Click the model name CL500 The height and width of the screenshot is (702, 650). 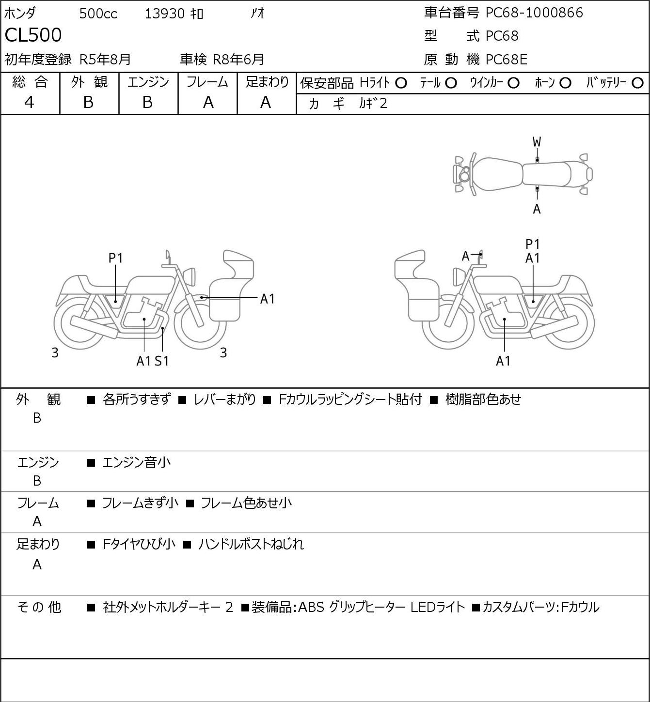pyautogui.click(x=33, y=35)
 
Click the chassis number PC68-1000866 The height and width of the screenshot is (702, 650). pyautogui.click(x=534, y=13)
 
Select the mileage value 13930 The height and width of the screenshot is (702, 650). pyautogui.click(x=165, y=14)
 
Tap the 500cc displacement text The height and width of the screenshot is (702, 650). pyautogui.click(x=98, y=14)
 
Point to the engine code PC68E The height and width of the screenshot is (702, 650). pyautogui.click(x=506, y=60)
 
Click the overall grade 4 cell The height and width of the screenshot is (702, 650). pyautogui.click(x=30, y=103)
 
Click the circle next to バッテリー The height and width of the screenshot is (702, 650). pyautogui.click(x=637, y=83)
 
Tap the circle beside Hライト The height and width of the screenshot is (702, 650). pyautogui.click(x=401, y=83)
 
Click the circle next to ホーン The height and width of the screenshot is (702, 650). pyautogui.click(x=565, y=83)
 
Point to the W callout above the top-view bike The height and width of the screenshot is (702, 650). pyautogui.click(x=537, y=142)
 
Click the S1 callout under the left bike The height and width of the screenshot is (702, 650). pyautogui.click(x=162, y=361)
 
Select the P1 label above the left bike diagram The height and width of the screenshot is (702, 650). pyautogui.click(x=115, y=259)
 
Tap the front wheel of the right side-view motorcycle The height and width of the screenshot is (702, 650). pyautogui.click(x=448, y=323)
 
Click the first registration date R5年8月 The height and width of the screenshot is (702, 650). pyautogui.click(x=105, y=60)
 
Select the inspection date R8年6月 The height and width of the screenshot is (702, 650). pyautogui.click(x=238, y=60)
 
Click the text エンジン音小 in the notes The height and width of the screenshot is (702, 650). pyautogui.click(x=136, y=462)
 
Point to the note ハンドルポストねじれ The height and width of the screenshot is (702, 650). pyautogui.click(x=251, y=544)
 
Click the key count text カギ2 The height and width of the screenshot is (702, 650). pyautogui.click(x=373, y=104)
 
